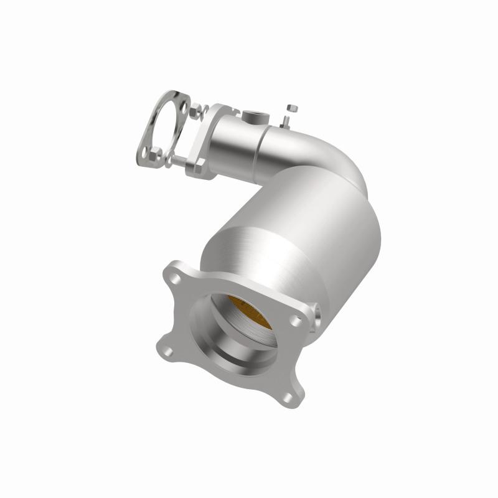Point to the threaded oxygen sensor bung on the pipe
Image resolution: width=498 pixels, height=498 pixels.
[x=258, y=115]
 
